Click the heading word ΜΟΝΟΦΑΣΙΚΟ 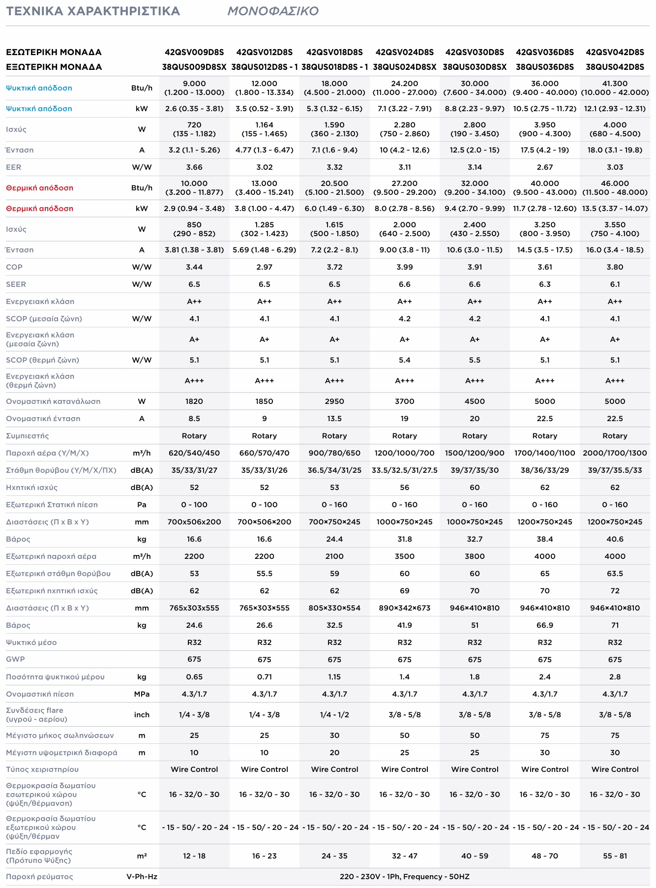point(273,11)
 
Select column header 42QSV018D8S point(334,52)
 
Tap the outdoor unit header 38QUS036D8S point(544,67)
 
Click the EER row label point(14,167)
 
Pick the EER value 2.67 point(544,167)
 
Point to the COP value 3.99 point(404,267)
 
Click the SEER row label point(16,284)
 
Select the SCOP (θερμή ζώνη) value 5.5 point(475,360)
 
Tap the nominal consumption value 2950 point(334,401)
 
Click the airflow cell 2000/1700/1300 point(615,453)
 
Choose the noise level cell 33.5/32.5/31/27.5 point(404,470)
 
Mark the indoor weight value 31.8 point(404,539)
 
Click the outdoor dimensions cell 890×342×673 point(404,608)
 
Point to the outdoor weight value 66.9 point(544,625)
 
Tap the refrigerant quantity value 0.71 point(264,677)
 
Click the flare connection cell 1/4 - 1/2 point(334,715)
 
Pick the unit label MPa point(142,694)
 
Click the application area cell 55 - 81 point(615,856)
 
